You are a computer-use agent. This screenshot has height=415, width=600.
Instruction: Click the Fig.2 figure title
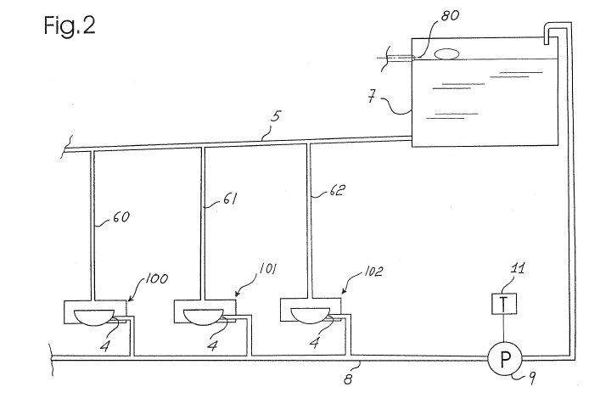pyautogui.click(x=70, y=26)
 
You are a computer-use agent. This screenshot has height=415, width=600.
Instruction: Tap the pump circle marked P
pyautogui.click(x=505, y=358)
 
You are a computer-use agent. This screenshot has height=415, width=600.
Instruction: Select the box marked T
pyautogui.click(x=503, y=304)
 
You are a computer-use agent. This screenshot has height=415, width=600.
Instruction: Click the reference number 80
pyautogui.click(x=450, y=15)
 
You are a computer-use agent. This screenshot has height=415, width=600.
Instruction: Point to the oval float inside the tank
pyautogui.click(x=446, y=54)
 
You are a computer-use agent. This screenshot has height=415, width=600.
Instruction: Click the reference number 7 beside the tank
pyautogui.click(x=372, y=96)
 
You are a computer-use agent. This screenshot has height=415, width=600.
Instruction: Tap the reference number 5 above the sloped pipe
pyautogui.click(x=276, y=116)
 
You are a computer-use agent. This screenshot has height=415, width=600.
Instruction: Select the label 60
pyautogui.click(x=121, y=217)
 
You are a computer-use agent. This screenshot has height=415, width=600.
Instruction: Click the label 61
pyautogui.click(x=229, y=199)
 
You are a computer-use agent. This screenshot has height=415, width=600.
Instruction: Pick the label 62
pyautogui.click(x=337, y=190)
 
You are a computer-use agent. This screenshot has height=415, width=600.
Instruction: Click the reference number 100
pyautogui.click(x=156, y=278)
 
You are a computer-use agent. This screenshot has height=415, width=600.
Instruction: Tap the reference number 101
pyautogui.click(x=267, y=268)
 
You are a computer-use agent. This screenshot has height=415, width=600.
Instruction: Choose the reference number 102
pyautogui.click(x=373, y=272)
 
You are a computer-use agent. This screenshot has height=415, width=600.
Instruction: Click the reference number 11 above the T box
pyautogui.click(x=518, y=268)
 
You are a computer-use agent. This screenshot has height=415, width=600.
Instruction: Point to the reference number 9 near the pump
pyautogui.click(x=532, y=379)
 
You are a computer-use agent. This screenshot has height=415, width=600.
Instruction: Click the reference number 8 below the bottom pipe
pyautogui.click(x=347, y=379)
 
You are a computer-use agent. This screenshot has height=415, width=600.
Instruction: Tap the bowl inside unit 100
pyautogui.click(x=94, y=317)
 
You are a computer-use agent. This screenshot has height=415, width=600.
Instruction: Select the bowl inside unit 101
pyautogui.click(x=203, y=317)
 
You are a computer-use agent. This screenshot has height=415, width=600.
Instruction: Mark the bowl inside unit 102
pyautogui.click(x=311, y=316)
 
